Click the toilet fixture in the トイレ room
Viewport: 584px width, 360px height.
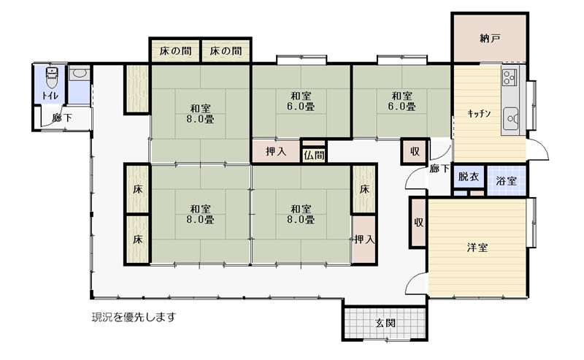51,77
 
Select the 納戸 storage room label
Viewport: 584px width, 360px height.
489,38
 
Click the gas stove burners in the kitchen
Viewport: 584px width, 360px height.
509,77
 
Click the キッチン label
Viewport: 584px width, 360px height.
480,114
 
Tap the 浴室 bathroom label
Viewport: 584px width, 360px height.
506,182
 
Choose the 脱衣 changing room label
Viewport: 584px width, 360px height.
468,176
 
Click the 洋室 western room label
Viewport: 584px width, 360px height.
477,248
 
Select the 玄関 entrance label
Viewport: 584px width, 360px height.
385,323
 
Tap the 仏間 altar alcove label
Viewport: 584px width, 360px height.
314,155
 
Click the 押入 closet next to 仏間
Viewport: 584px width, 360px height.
276,152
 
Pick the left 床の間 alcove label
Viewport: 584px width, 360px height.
175,51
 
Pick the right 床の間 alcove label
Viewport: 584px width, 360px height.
226,51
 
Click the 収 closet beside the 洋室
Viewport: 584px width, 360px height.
418,223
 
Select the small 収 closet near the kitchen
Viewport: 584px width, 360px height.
415,151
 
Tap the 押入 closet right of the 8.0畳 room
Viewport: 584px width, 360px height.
364,240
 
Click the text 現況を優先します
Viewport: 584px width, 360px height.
134,317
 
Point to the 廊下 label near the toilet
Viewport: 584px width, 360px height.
62,118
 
